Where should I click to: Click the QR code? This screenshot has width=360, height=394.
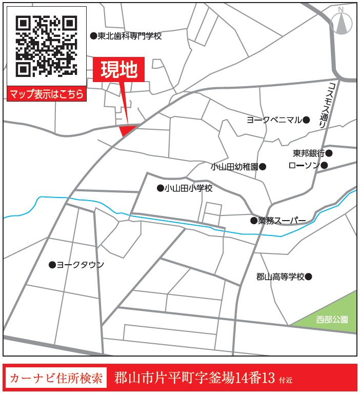click(46, 46)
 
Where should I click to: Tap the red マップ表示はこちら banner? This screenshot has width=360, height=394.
click(46, 94)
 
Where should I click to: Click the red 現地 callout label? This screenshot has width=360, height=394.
click(118, 70)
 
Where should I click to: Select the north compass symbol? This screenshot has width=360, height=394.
click(342, 22)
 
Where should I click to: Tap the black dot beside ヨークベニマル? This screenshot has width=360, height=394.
click(306, 120)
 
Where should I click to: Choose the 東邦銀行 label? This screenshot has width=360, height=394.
click(309, 153)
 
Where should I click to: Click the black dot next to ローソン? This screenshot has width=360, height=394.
click(324, 165)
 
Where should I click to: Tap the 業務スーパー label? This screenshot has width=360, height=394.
click(282, 221)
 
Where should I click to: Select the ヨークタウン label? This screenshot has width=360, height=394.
click(80, 265)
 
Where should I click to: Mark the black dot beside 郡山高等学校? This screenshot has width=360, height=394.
click(308, 277)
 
